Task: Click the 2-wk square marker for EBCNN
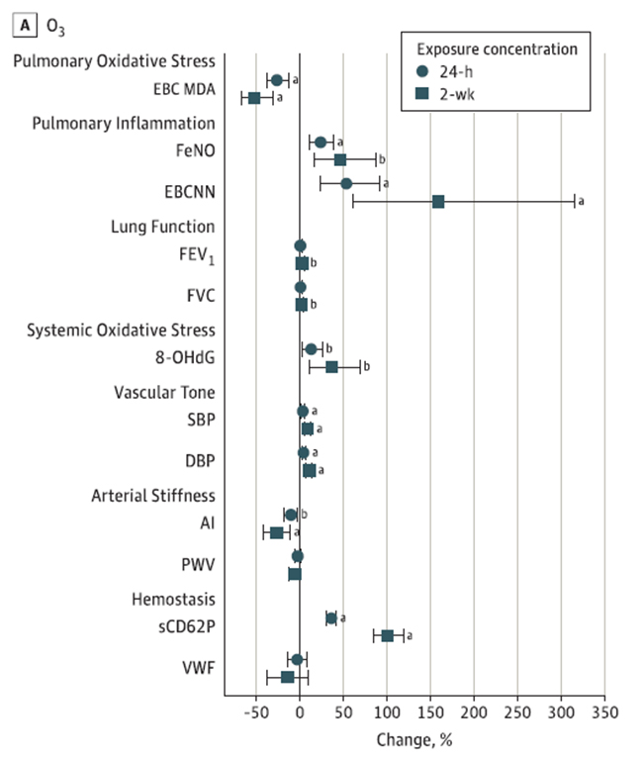[x=438, y=202]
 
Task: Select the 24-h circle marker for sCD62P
[x=331, y=618]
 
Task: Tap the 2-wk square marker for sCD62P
[x=388, y=635]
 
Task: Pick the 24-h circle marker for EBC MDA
[x=277, y=80]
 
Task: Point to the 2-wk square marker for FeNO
[x=340, y=159]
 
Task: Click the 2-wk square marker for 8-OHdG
[x=331, y=367]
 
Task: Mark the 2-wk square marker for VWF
[x=288, y=677]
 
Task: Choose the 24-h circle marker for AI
[x=291, y=515]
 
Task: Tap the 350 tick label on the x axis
[x=604, y=712]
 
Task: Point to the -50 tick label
[x=256, y=712]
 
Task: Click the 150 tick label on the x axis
[x=430, y=712]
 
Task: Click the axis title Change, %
[x=414, y=738]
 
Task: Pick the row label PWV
[x=199, y=565]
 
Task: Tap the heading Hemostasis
[x=173, y=599]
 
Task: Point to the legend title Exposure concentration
[x=496, y=48]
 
